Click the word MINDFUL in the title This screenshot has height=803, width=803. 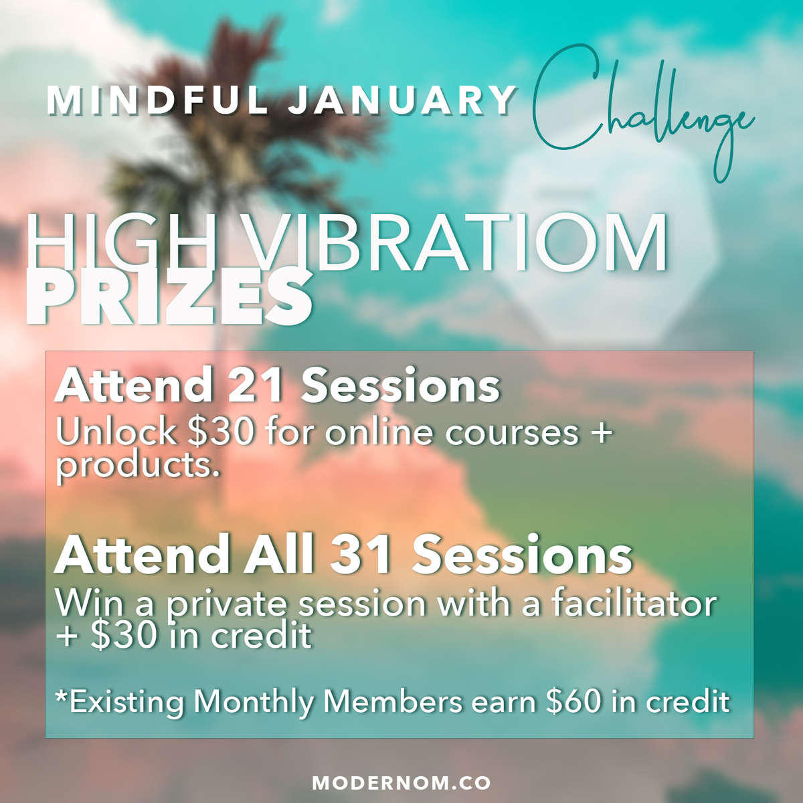pos(157,100)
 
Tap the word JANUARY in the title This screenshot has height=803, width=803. pos(402,100)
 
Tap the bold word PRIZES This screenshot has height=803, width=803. pos(169,296)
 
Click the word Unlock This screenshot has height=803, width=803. pos(115,432)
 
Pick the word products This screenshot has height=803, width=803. pos(138,466)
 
